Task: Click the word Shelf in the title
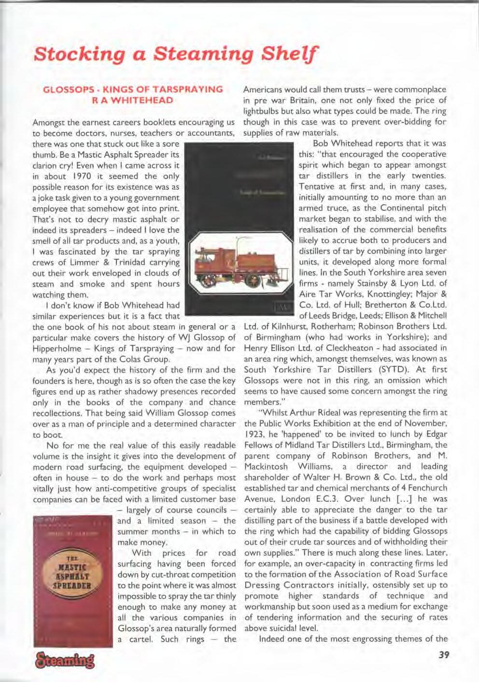point(289,53)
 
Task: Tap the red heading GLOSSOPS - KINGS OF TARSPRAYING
point(133,89)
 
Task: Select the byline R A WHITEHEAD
point(133,100)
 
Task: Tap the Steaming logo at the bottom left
point(64,659)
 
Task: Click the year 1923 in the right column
point(256,434)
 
